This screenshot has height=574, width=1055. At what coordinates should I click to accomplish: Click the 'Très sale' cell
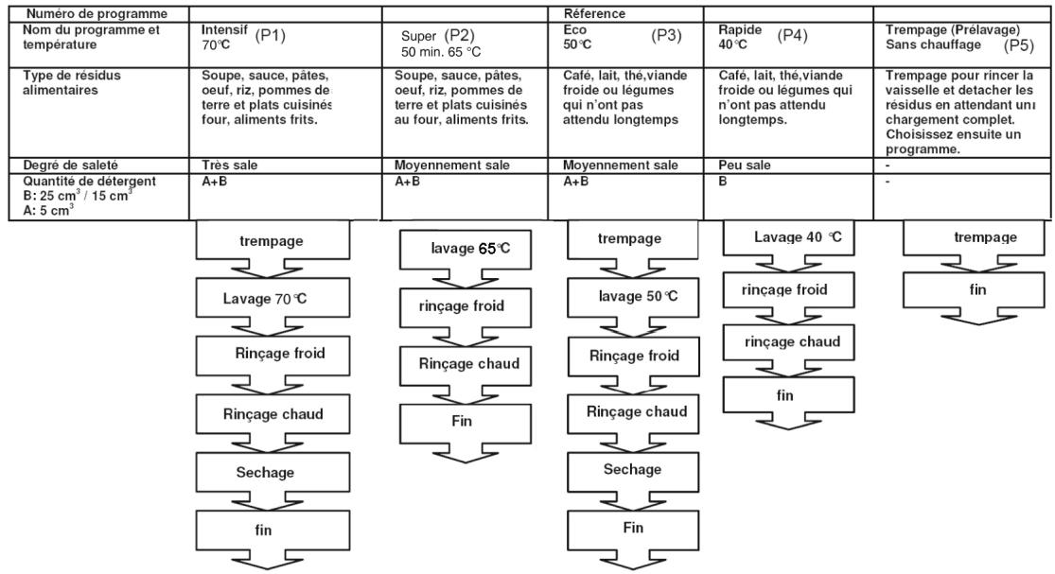(x=228, y=165)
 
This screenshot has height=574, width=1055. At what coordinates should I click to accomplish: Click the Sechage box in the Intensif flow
(x=258, y=472)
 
